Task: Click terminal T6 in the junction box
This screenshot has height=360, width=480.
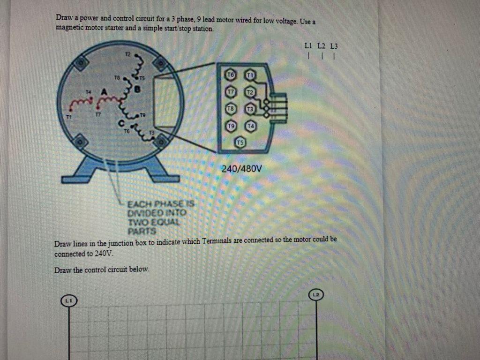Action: point(230,75)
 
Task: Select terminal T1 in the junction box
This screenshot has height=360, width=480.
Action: point(250,75)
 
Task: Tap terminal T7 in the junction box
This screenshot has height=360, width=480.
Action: point(230,91)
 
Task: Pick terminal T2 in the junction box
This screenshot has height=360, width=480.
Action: point(250,91)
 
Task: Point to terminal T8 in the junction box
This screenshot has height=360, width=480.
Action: point(230,108)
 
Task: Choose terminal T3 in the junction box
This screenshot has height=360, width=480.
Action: point(250,108)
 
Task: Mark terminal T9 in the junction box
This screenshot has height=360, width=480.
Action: point(230,126)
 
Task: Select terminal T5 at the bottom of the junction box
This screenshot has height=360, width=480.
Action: point(240,142)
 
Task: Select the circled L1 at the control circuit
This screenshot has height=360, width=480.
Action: point(69,299)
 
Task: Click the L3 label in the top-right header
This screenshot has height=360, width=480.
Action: point(334,46)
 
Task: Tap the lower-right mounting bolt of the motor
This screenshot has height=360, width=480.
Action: point(161,141)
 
